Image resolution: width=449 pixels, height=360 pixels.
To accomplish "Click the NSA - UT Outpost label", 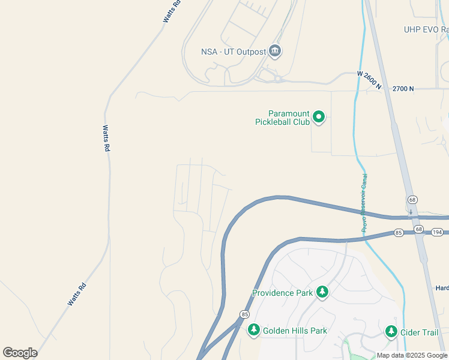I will point(234,52).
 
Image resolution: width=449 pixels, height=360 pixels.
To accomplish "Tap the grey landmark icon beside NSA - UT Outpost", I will point(275,51).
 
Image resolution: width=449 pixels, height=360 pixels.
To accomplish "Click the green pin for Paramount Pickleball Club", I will point(319,117).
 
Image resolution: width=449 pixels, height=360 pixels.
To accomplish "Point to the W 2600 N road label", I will point(369,81).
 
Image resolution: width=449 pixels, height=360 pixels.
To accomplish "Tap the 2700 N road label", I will point(403,89).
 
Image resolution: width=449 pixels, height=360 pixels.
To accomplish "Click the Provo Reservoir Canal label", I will point(364,203).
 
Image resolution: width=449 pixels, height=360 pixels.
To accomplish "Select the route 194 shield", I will point(437,232).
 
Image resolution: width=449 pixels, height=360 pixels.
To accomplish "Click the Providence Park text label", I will point(282,293).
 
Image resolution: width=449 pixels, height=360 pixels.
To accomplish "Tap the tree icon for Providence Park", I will point(322,292).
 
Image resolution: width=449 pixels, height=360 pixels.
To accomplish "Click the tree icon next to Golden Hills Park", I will point(254,329).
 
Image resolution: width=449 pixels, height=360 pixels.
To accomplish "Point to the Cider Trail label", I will point(421,332).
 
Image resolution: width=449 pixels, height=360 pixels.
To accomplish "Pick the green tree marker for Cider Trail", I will point(391,331).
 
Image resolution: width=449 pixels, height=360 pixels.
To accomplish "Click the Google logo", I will point(20,353).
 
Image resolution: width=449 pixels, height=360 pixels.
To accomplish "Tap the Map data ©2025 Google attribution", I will point(412,356).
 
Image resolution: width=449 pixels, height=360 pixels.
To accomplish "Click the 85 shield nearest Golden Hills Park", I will point(244,314).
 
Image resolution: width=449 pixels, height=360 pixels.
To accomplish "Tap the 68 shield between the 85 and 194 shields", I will point(419,230).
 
